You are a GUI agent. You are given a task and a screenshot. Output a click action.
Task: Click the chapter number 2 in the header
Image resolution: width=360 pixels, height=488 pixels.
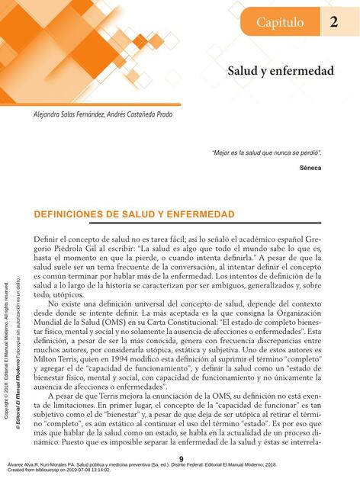(334, 23)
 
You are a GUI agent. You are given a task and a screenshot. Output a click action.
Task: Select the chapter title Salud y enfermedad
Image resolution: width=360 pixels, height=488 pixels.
(281, 71)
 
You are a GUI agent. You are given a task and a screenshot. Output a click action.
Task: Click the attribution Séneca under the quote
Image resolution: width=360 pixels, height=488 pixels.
(310, 167)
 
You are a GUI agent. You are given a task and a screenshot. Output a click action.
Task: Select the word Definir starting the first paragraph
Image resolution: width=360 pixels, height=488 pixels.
(47, 239)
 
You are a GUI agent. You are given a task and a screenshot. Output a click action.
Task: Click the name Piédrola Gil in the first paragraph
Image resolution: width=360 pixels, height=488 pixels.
(69, 249)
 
